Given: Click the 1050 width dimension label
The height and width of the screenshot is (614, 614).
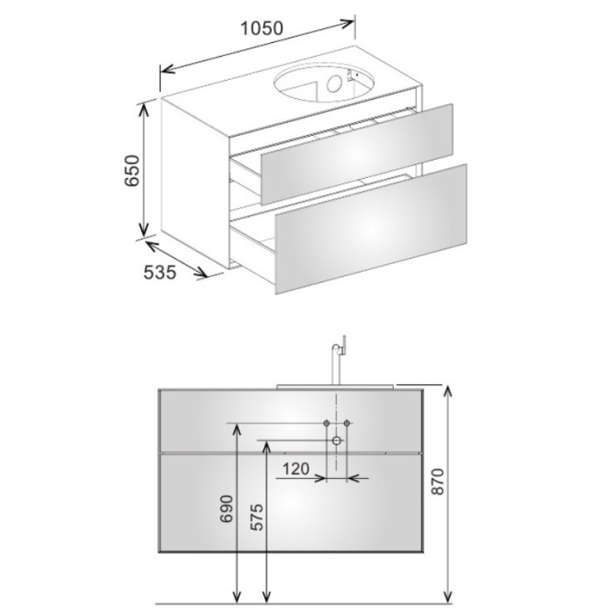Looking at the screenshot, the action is click(x=261, y=28).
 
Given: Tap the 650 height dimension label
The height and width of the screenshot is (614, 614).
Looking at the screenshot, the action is click(x=132, y=171).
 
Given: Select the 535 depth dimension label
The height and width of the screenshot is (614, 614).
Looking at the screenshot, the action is click(x=160, y=272).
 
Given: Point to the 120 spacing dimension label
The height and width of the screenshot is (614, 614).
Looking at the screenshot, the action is click(x=296, y=468).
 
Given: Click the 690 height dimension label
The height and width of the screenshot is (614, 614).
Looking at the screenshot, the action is click(x=226, y=509).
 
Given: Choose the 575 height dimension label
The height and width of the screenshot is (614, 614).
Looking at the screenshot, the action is click(x=257, y=517).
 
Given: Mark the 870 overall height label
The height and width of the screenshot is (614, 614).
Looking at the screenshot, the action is click(x=438, y=482).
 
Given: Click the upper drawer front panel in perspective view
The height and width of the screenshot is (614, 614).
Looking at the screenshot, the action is click(x=357, y=153).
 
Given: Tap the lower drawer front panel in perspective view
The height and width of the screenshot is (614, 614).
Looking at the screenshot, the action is click(x=371, y=229).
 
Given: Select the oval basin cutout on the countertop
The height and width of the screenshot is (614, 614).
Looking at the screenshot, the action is click(x=325, y=84).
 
